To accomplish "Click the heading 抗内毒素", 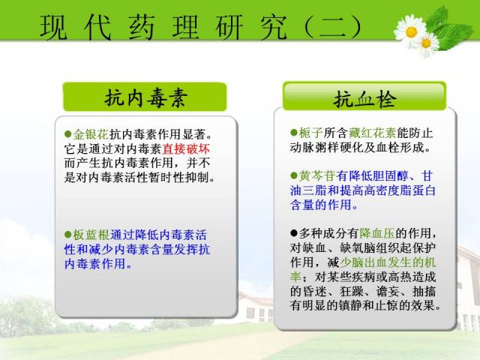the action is [145, 98].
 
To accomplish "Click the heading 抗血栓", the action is [365, 99].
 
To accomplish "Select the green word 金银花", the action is [91, 134].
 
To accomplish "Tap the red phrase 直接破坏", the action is [186, 149].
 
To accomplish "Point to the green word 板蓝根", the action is [91, 235].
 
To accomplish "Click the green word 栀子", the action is [310, 133].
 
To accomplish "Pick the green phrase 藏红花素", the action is [372, 133].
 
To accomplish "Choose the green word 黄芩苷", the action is [316, 176].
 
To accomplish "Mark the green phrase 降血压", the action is [377, 233].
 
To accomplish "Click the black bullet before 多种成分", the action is [294, 233].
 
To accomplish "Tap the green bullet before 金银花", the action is [68, 134].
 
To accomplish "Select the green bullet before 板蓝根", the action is [68, 235].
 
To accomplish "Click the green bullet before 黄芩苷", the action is [294, 175].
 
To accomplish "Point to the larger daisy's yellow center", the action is [411, 31].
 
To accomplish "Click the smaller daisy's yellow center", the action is [427, 43].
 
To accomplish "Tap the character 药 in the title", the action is [141, 27].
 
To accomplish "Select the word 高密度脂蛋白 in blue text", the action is [400, 190].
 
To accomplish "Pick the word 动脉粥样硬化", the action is [326, 148].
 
